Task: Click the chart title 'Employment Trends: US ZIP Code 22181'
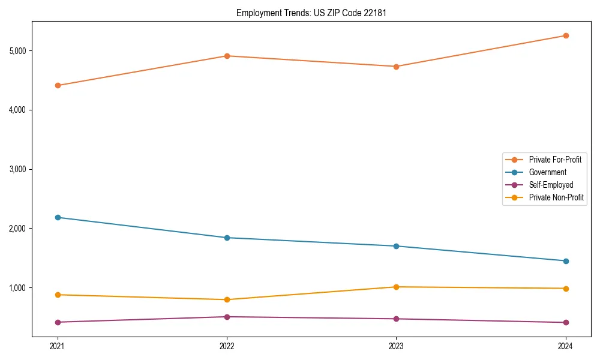pyautogui.click(x=307, y=13)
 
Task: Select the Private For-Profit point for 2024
pyautogui.click(x=566, y=35)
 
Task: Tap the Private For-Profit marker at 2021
pyautogui.click(x=58, y=85)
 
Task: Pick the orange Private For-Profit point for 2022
pyautogui.click(x=227, y=56)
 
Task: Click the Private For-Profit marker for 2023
pyautogui.click(x=396, y=67)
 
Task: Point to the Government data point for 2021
pyautogui.click(x=58, y=217)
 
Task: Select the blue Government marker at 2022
pyautogui.click(x=227, y=238)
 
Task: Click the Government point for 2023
pyautogui.click(x=396, y=246)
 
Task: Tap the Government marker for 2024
pyautogui.click(x=566, y=261)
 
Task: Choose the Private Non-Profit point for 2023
pyautogui.click(x=396, y=287)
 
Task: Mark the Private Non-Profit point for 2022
pyautogui.click(x=227, y=299)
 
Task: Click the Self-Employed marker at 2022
pyautogui.click(x=227, y=317)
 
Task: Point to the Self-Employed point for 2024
pyautogui.click(x=566, y=322)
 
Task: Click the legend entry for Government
pyautogui.click(x=547, y=172)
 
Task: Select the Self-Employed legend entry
pyautogui.click(x=551, y=185)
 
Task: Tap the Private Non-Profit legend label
pyautogui.click(x=556, y=197)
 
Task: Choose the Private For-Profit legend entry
pyautogui.click(x=555, y=160)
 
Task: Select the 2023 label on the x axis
pyautogui.click(x=396, y=346)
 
